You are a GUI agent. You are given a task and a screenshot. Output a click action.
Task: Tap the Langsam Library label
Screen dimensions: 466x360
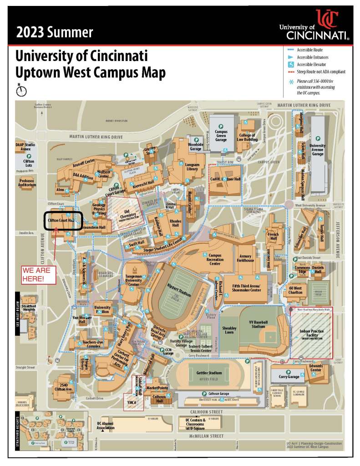click(193, 166)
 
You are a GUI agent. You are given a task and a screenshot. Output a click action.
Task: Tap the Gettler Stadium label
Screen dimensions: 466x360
click(209, 373)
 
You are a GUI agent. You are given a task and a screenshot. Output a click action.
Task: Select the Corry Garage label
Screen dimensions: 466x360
click(289, 377)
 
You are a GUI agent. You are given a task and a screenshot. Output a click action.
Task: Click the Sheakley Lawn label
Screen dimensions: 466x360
click(229, 330)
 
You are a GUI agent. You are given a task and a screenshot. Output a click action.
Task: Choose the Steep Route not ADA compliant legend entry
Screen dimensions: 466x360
click(321, 72)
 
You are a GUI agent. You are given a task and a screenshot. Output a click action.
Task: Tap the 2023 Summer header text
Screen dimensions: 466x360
click(54, 33)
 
